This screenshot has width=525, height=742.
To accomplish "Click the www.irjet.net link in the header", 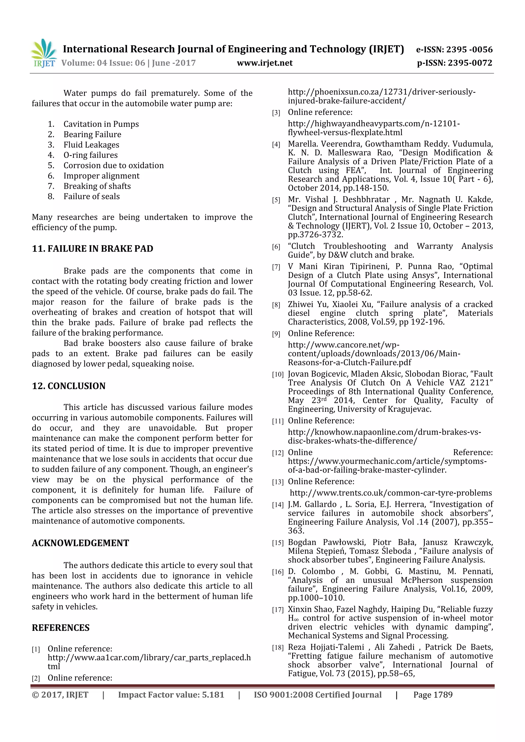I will (265, 63).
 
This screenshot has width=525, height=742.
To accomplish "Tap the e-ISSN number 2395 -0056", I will (469, 49).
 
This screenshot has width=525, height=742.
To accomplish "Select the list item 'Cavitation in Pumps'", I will (101, 124).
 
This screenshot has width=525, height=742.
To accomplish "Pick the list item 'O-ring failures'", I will (90, 155).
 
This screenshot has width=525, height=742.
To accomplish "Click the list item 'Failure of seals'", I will (92, 196).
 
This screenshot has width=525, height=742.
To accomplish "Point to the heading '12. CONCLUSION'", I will (69, 386).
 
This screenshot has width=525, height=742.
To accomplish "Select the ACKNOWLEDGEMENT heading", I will (80, 543).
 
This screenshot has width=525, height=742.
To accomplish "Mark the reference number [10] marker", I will (278, 374).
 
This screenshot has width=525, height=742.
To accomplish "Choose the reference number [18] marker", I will (278, 648).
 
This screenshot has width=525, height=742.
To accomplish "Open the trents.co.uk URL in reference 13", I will (391, 493).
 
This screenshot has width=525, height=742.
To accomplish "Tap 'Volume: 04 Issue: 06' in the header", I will (103, 63).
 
